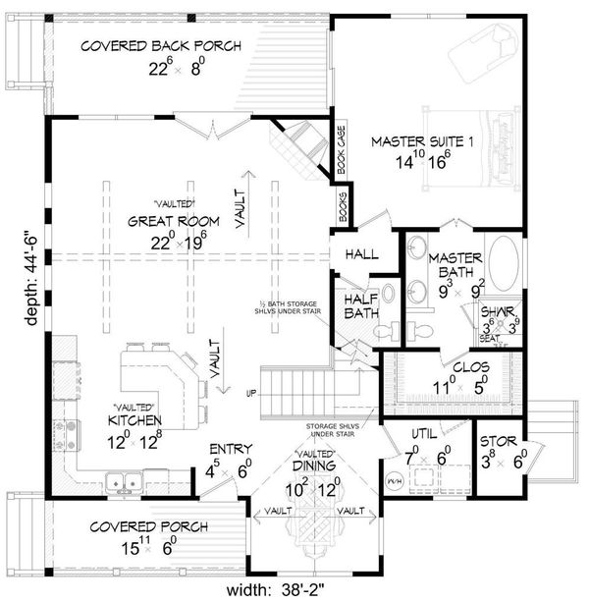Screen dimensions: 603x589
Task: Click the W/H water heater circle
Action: pyautogui.click(x=396, y=480)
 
